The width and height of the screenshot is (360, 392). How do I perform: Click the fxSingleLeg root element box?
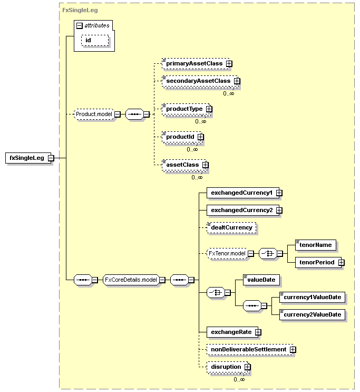pos(30,158)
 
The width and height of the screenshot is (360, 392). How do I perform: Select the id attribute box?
pos(95,41)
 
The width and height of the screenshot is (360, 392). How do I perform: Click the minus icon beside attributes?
pos(80,25)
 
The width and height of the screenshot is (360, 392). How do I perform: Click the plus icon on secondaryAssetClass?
pos(237,81)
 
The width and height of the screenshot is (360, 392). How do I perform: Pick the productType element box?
pos(187,109)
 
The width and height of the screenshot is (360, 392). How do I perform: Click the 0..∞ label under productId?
pos(192,149)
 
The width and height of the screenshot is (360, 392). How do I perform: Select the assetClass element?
pos(185,165)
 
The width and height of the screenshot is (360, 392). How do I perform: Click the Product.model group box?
pos(94,114)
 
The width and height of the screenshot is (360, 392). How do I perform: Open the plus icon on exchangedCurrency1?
pos(279,193)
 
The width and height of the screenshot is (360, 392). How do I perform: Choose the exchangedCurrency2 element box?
pos(244,211)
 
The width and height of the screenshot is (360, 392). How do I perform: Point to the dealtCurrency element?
pos(231,228)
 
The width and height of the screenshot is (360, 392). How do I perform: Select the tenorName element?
pos(316,245)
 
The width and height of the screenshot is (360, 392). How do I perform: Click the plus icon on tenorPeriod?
pos(341,263)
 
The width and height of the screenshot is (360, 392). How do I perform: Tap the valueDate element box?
pos(261,280)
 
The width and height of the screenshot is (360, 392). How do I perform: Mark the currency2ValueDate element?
pos(312,315)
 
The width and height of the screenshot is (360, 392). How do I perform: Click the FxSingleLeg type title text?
pos(80,11)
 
